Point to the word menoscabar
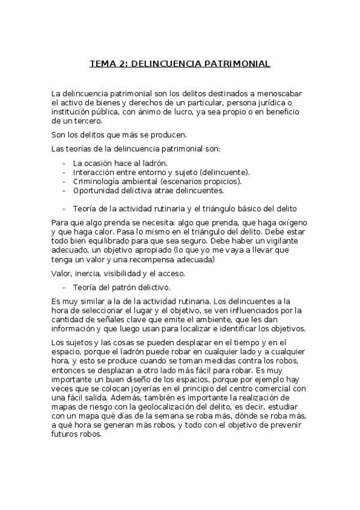(x=284, y=94)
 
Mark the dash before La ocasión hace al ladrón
(x=64, y=163)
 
